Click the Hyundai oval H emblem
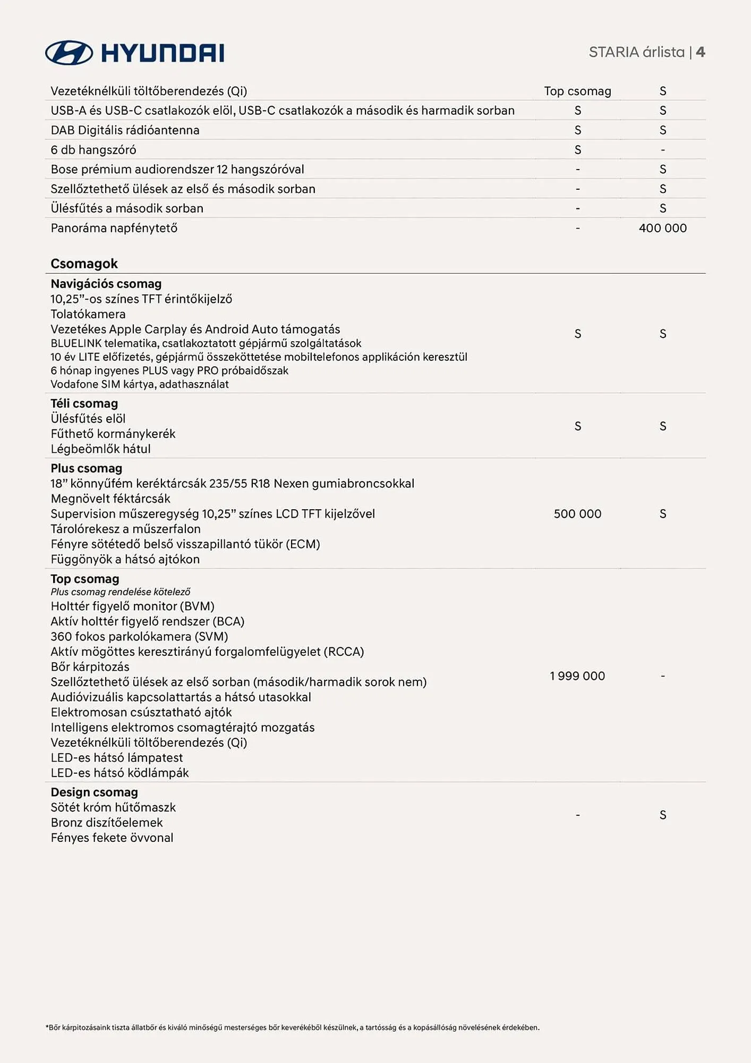click(x=69, y=53)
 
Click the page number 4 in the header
click(x=701, y=52)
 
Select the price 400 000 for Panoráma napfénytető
click(x=662, y=228)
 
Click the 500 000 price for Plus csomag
click(x=577, y=514)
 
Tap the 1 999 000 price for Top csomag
click(x=577, y=676)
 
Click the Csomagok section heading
click(x=84, y=264)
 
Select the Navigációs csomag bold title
click(x=106, y=284)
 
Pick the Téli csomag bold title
click(x=84, y=403)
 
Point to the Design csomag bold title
click(x=94, y=792)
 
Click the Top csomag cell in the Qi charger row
click(x=577, y=91)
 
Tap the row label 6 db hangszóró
click(x=93, y=150)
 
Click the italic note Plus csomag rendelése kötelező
click(x=120, y=592)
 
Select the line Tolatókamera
click(x=88, y=314)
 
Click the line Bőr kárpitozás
click(x=90, y=667)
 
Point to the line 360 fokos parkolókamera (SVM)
click(x=139, y=637)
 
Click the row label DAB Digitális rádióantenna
click(x=125, y=130)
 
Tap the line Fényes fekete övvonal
click(x=112, y=838)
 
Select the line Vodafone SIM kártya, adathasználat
click(x=139, y=384)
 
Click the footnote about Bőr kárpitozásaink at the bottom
click(x=292, y=1028)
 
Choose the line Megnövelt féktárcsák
click(x=110, y=499)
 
